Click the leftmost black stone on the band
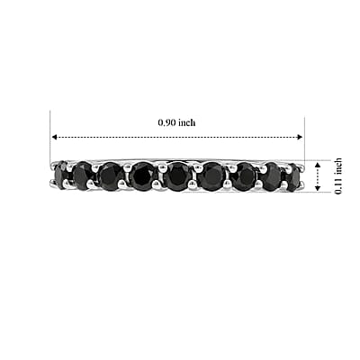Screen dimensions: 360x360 pos(62,174)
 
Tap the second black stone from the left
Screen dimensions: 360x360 pos(83,175)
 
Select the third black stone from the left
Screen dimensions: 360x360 pos(111,176)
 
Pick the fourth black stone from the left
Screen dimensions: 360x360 pos(143,176)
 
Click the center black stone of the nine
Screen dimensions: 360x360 pos(178,176)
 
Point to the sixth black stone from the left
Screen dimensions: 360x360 pos(212,176)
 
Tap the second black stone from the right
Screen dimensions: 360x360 pos(273,176)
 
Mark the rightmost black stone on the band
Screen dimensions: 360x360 pos(293,177)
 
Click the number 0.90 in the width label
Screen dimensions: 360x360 pos(166,122)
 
